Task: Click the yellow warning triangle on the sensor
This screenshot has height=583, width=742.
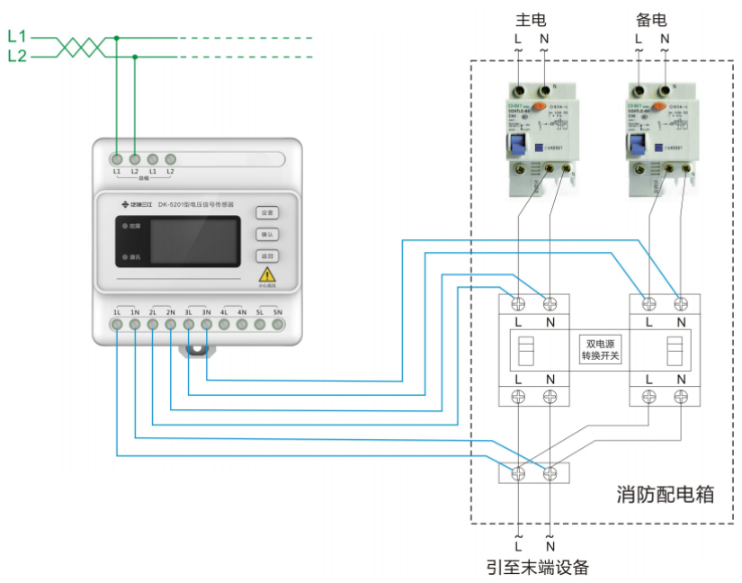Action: (267, 276)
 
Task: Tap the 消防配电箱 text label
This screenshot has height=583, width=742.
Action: (665, 494)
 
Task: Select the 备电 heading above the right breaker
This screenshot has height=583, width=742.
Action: (651, 19)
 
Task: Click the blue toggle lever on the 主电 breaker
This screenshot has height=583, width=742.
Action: (518, 145)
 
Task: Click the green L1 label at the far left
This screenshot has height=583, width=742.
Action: (17, 37)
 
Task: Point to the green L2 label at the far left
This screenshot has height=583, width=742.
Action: (17, 56)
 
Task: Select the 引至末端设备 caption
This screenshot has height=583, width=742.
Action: (537, 567)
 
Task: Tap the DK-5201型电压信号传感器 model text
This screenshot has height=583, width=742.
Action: (195, 204)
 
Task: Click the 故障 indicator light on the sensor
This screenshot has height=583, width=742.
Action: (124, 227)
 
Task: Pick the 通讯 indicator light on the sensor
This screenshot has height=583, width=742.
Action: (124, 257)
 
